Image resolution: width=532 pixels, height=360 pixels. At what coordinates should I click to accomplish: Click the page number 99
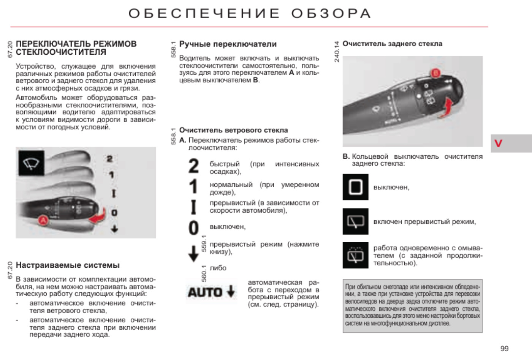tap(504, 349)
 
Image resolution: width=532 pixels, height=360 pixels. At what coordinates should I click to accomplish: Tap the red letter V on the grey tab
tap(498, 143)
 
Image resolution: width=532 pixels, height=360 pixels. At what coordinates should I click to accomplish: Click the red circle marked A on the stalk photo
tap(43, 220)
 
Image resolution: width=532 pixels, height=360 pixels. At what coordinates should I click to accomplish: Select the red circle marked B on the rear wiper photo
tap(435, 73)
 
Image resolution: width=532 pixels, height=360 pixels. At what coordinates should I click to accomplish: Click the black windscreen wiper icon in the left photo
tap(31, 163)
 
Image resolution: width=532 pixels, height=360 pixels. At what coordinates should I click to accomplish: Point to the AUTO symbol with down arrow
tap(211, 292)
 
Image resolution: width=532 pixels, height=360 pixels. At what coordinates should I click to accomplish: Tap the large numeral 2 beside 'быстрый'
tap(193, 166)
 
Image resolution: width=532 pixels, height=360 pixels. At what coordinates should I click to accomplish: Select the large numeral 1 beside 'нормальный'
tap(193, 187)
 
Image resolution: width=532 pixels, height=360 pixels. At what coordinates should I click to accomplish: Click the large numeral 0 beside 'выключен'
tap(193, 227)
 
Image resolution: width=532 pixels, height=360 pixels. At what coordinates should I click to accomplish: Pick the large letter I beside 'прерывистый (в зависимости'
tap(193, 207)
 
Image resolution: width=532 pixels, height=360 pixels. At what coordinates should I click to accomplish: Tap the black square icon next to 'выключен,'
tap(355, 187)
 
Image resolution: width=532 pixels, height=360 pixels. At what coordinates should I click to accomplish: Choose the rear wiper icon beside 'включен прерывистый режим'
tap(355, 221)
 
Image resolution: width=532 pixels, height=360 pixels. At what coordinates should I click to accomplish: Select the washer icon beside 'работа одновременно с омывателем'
tap(355, 255)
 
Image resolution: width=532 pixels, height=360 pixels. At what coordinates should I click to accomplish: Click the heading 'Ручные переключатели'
tap(228, 44)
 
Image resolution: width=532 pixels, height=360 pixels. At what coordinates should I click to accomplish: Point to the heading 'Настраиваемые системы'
tap(68, 265)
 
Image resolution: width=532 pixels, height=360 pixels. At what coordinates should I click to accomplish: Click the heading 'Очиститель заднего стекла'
tap(392, 44)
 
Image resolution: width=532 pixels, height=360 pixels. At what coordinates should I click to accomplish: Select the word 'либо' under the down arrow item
tap(218, 268)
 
